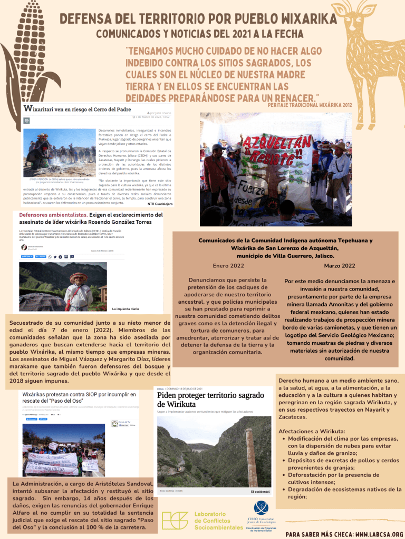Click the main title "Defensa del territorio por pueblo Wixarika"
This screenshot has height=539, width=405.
point(198,19)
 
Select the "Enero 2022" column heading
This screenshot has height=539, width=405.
point(228,265)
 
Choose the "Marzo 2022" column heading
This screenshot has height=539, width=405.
point(340,265)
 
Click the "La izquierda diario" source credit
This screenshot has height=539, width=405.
point(125,308)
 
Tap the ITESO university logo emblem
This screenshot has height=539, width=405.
point(261,507)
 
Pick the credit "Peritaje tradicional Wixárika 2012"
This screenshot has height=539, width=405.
point(310,105)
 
